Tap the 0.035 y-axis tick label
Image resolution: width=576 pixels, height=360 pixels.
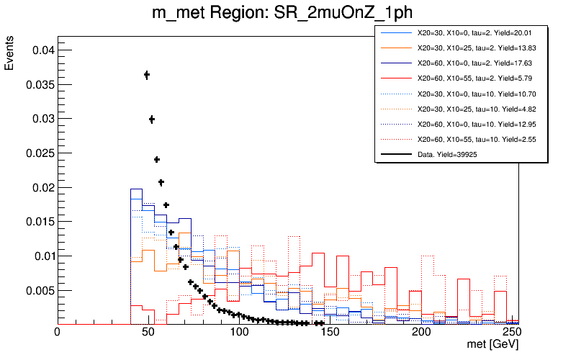click(x=36, y=84)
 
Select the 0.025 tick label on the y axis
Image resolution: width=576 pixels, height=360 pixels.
click(x=36, y=153)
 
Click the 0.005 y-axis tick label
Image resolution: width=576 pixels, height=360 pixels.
click(x=36, y=290)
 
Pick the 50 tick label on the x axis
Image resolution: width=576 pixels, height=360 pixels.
click(x=148, y=333)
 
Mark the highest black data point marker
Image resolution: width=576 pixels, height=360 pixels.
click(x=147, y=75)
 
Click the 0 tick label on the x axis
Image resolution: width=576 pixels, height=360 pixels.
click(x=58, y=333)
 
